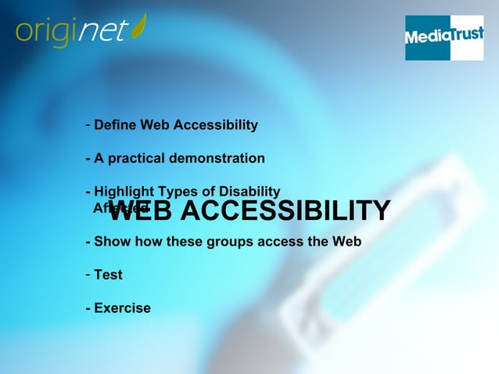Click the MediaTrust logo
click(443, 38)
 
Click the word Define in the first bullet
click(115, 125)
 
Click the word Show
click(110, 242)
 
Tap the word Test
click(108, 275)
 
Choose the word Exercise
click(122, 308)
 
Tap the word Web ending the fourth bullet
click(346, 242)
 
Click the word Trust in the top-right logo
click(465, 35)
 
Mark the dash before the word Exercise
click(88, 308)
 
